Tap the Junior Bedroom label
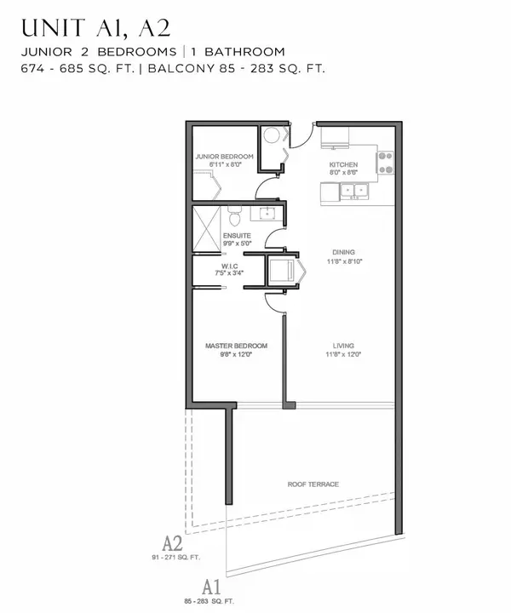[224, 157]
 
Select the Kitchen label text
[343, 164]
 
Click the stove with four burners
[386, 162]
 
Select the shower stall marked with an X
[207, 229]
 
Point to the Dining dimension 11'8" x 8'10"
[343, 262]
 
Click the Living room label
[343, 346]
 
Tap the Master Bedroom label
[236, 346]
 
